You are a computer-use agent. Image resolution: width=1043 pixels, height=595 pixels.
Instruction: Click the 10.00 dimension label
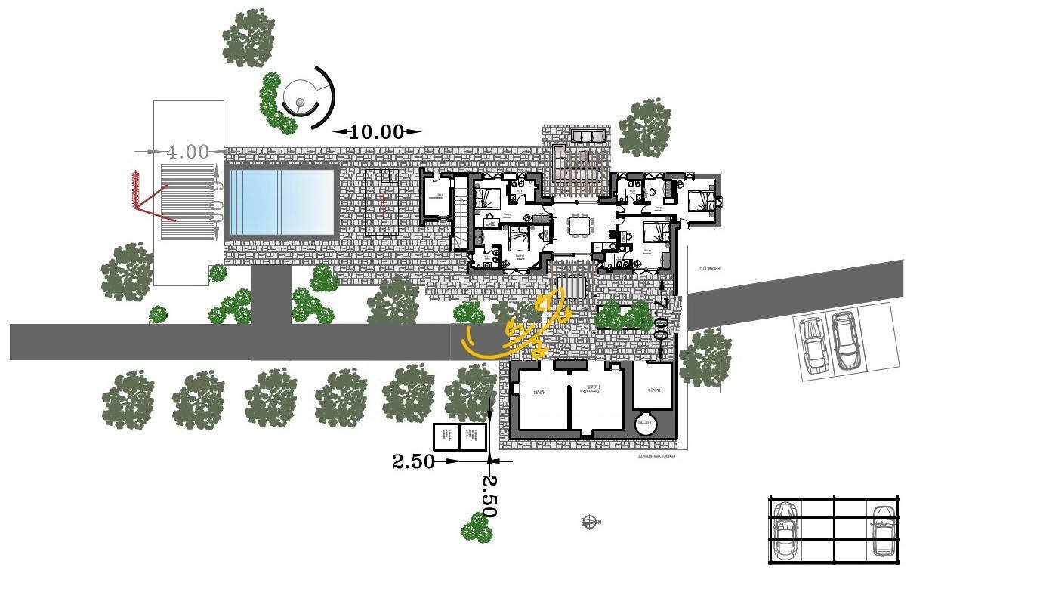point(376,132)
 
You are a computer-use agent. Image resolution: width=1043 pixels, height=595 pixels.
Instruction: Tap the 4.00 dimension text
point(187,152)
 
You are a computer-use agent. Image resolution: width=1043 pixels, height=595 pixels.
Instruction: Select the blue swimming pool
point(281,202)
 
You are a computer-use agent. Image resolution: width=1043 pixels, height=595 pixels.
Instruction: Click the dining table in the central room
point(579,225)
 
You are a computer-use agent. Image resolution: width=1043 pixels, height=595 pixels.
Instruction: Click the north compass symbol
point(590,521)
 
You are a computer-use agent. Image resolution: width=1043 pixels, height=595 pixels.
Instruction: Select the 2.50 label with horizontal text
point(413,461)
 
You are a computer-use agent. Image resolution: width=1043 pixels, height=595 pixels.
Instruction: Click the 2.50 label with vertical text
point(489,496)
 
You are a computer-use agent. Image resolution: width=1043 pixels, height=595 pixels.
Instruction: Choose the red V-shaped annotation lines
point(154,202)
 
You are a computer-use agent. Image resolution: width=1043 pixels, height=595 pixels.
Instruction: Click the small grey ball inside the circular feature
point(300,103)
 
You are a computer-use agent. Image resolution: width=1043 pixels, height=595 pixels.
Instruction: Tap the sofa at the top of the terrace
point(589,135)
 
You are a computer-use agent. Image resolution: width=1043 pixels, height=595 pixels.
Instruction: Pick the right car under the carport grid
point(881,530)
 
